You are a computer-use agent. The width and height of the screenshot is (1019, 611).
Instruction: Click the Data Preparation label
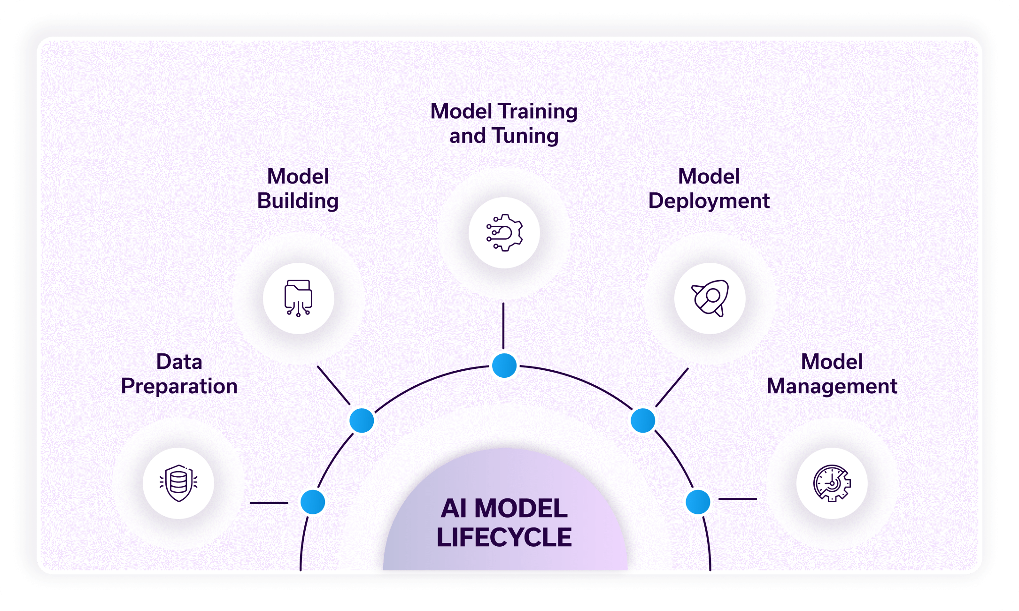coord(179,374)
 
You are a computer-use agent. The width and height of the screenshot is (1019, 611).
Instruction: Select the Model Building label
coord(298,189)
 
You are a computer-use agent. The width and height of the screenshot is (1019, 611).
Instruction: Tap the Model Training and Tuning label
coord(504,123)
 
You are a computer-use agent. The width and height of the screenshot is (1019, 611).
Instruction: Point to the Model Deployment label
coord(709,189)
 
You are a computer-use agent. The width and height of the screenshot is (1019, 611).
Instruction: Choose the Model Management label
coord(832,374)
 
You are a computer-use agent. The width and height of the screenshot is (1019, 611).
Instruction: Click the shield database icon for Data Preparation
coord(178,483)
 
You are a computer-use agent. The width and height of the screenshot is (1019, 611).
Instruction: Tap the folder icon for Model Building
coord(298,298)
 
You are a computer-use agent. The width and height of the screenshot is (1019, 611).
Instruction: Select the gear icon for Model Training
coord(504,233)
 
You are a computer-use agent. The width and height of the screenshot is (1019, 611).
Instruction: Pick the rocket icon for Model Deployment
coord(710,298)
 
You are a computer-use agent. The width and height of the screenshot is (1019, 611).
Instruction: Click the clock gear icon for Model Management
coord(832,483)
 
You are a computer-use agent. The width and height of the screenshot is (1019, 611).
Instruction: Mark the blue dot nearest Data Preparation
coord(313,502)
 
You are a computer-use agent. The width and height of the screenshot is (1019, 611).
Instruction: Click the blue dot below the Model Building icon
coord(362,420)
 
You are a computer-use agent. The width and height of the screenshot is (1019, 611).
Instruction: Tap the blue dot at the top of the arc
coord(504,366)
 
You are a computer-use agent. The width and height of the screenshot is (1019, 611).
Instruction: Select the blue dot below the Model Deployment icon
coord(643,420)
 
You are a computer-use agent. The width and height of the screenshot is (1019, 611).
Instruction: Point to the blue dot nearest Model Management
coord(698,502)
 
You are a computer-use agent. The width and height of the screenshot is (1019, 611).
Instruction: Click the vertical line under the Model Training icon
coord(503,326)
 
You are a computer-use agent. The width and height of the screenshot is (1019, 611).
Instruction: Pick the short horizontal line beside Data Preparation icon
coord(269,503)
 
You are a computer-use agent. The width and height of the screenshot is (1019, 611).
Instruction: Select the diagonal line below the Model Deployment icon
coord(672,387)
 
